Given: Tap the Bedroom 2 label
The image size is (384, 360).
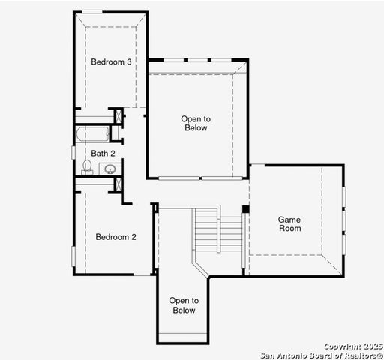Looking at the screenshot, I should pos(115,237).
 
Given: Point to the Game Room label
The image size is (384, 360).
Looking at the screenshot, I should pos(289,223).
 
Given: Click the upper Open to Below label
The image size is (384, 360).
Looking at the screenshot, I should pos(195,123).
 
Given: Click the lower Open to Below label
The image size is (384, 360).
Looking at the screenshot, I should pos(183,305).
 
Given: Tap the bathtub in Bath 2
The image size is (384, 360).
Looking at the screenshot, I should pos(92,134).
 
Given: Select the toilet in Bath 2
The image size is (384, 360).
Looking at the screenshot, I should pos(86,166).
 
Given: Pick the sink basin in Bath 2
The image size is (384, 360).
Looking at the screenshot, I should pos(109,169).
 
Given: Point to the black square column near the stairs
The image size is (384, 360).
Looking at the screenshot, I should pos(245,208).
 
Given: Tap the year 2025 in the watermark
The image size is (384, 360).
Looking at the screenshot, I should pos(373,346).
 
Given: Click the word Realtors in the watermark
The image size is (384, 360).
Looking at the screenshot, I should pos(362,354).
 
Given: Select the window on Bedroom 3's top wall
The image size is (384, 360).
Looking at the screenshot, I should pos(93,11).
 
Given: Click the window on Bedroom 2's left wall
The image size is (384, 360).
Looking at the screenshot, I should pos(73,255).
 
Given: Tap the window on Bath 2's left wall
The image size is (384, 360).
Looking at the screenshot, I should pos(73,152).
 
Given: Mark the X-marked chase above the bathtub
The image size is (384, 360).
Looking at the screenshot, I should pos(116,116).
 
